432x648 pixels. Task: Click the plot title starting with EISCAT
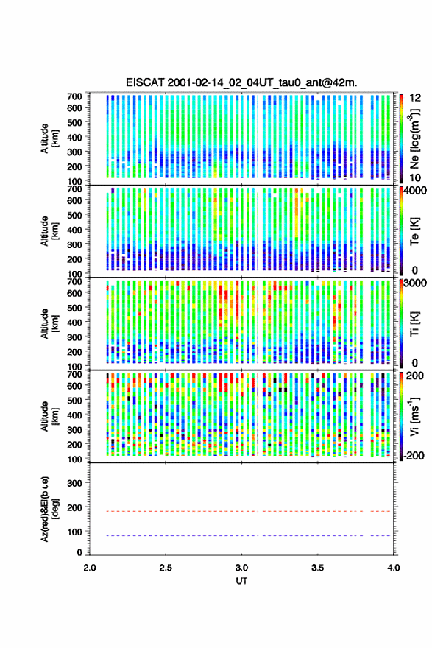[241, 82]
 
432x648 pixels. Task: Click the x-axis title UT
[241, 581]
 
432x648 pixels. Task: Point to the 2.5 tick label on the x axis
[166, 568]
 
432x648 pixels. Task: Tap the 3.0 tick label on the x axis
[241, 568]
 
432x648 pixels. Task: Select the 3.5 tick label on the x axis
[318, 568]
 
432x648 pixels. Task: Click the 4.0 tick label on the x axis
[393, 568]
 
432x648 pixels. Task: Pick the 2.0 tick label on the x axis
[90, 568]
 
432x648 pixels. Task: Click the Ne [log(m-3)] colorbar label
[414, 138]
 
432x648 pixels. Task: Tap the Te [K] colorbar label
[414, 231]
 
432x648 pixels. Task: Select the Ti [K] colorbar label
[414, 324]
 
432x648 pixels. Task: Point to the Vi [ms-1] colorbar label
[414, 416]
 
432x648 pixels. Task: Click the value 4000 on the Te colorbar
[416, 191]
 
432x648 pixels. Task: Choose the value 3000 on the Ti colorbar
[416, 283]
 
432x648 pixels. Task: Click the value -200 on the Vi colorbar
[414, 455]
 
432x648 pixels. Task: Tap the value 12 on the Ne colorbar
[415, 98]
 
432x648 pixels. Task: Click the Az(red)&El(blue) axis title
[49, 509]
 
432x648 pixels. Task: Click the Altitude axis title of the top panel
[49, 138]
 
